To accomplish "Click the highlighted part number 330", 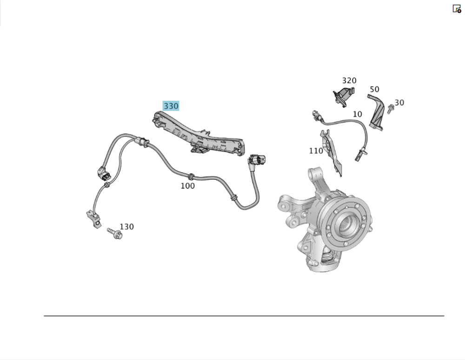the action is (x=171, y=106).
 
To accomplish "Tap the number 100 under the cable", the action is (x=188, y=186).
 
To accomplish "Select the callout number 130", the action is (x=126, y=227).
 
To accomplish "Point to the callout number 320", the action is (x=349, y=80).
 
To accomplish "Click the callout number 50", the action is (x=374, y=90).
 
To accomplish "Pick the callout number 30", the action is (x=399, y=103).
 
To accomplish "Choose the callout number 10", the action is (x=357, y=114).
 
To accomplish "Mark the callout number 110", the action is (x=316, y=151).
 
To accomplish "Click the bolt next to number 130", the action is (x=115, y=234).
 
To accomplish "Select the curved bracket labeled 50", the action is (x=376, y=112).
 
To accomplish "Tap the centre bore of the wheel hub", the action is (x=347, y=224).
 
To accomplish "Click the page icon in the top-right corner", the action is (x=457, y=9).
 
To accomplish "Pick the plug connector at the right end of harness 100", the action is (x=257, y=161).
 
